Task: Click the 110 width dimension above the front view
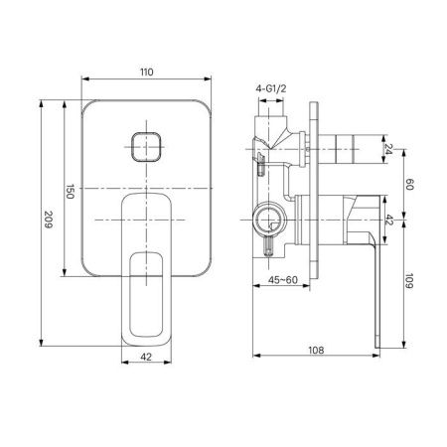[x=147, y=73]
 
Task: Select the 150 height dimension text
[x=71, y=192]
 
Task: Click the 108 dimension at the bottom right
[x=313, y=351]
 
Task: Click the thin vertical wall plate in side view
[x=318, y=199]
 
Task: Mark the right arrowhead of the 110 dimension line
[x=211, y=81]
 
